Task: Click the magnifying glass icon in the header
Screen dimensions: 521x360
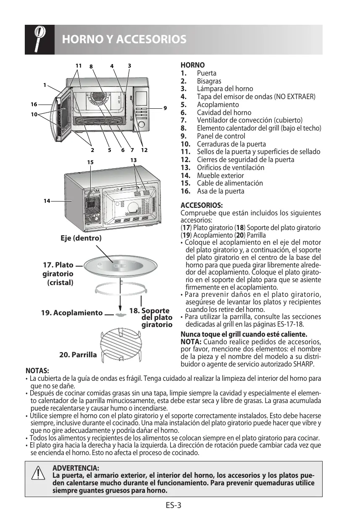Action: tap(39, 39)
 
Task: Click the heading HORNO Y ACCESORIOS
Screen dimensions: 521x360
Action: tap(124, 39)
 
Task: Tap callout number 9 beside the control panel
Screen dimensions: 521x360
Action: tap(165, 108)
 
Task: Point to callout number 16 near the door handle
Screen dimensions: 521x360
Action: tap(34, 104)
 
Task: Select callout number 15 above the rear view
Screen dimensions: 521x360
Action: tap(90, 162)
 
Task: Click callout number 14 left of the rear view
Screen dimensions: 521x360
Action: tap(47, 201)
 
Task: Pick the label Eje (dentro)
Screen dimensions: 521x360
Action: tap(81, 238)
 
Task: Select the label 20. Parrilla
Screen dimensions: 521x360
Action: tap(78, 355)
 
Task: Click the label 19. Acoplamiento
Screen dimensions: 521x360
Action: tap(72, 313)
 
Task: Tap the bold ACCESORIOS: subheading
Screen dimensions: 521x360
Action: tap(202, 206)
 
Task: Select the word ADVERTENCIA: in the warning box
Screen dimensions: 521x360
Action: tap(76, 468)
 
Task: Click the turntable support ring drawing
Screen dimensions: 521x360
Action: tap(121, 291)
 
